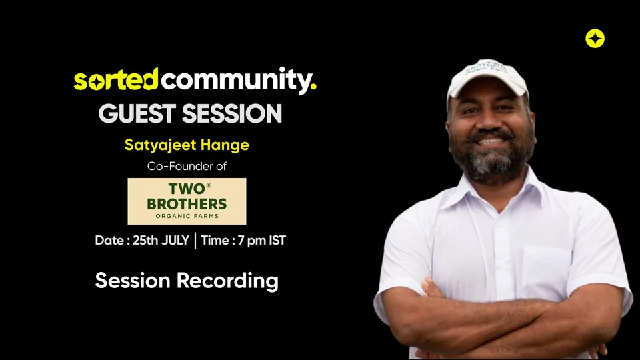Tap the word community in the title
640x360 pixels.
point(235,81)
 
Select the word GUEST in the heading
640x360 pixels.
point(137,113)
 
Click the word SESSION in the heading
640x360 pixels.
point(232,113)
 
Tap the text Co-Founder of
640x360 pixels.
point(187,166)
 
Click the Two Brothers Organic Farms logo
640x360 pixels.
point(187,201)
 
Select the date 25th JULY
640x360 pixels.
point(161,241)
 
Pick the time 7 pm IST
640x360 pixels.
point(261,241)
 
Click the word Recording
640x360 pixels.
point(227,281)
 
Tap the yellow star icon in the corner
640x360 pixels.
point(595,39)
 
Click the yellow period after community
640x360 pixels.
point(313,87)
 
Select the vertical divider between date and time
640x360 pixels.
point(195,241)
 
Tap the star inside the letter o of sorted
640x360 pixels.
point(96,83)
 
